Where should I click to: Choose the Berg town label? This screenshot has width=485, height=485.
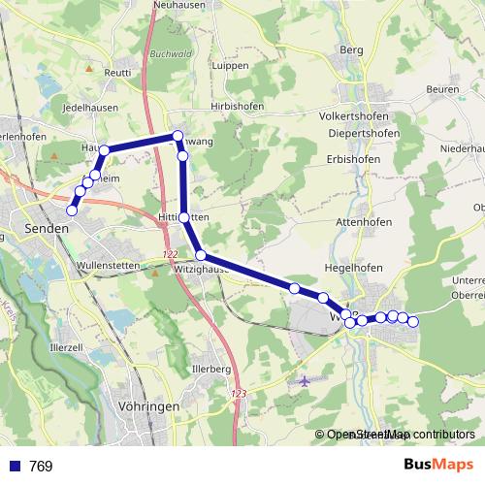[351, 48]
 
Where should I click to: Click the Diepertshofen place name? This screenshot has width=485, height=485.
[365, 133]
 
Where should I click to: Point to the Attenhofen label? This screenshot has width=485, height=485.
[363, 222]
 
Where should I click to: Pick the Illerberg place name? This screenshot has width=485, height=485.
[211, 369]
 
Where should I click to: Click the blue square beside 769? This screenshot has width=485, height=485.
[13, 467]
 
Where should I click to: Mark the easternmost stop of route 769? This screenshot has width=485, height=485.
[412, 321]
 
